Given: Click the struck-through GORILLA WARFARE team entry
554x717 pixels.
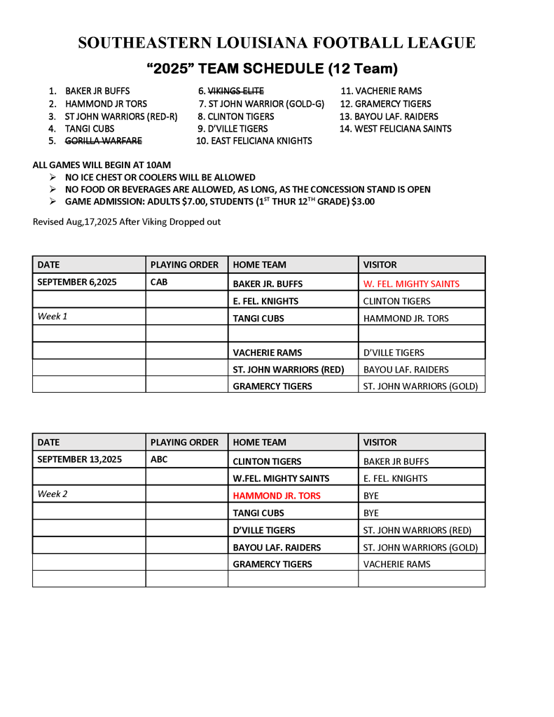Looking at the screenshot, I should [x=103, y=141].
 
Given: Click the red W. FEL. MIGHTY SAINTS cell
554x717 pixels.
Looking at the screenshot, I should [x=411, y=284].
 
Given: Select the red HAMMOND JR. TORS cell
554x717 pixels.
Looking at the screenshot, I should [x=277, y=496].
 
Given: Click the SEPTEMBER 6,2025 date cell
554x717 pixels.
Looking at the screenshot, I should [x=77, y=282].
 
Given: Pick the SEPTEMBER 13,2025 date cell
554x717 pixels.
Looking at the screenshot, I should [x=79, y=459].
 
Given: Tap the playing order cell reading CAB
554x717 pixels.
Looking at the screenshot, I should [x=159, y=282].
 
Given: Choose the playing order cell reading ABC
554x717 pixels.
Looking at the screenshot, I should [x=159, y=459].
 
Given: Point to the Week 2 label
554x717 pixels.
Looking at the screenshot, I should [x=53, y=494].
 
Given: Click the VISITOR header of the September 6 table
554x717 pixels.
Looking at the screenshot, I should [x=380, y=265].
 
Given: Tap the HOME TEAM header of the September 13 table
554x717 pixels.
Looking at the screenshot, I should [x=259, y=443].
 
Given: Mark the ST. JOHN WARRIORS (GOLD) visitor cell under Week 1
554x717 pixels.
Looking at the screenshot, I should [x=420, y=387].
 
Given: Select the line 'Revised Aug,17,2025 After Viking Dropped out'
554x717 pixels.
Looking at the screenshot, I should [x=127, y=222].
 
